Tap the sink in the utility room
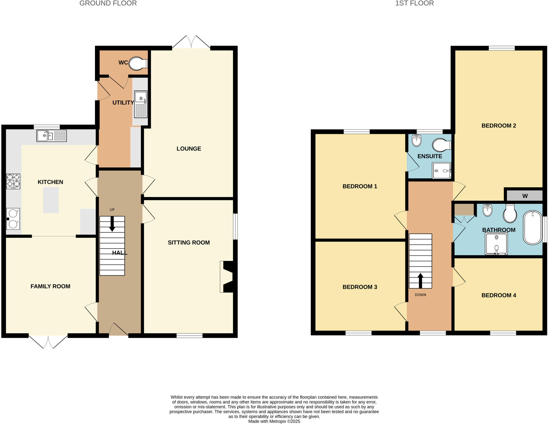click(x=141, y=104)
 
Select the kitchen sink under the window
click(x=51, y=136)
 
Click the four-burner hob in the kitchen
click(x=13, y=181)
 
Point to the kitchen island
click(x=51, y=200)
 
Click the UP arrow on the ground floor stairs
click(x=112, y=224)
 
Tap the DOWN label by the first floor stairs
click(x=420, y=295)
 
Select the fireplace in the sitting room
click(x=227, y=277)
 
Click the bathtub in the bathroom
click(x=532, y=228)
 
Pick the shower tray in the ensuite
click(x=442, y=170)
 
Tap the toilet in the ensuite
click(x=442, y=145)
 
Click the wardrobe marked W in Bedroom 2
click(x=524, y=196)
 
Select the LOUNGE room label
click(x=189, y=149)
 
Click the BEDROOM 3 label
click(x=360, y=287)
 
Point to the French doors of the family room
click(x=48, y=341)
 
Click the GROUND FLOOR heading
click(x=108, y=3)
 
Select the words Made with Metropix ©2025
click(x=274, y=421)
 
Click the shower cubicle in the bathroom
click(x=496, y=244)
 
